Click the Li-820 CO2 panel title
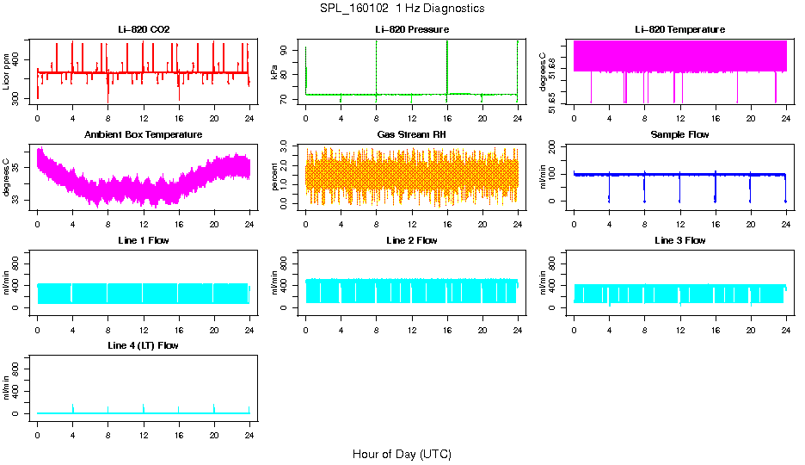[144, 30]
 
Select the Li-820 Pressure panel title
[412, 30]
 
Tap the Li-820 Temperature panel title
[679, 30]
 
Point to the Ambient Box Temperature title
[144, 135]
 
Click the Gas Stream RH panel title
[412, 135]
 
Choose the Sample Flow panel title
[679, 135]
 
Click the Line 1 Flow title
[144, 240]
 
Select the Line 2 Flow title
[412, 240]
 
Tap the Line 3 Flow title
[679, 240]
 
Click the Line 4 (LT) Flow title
[144, 345]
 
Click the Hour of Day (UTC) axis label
[402, 454]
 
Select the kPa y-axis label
[274, 72]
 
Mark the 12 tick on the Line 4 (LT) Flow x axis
[144, 427]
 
